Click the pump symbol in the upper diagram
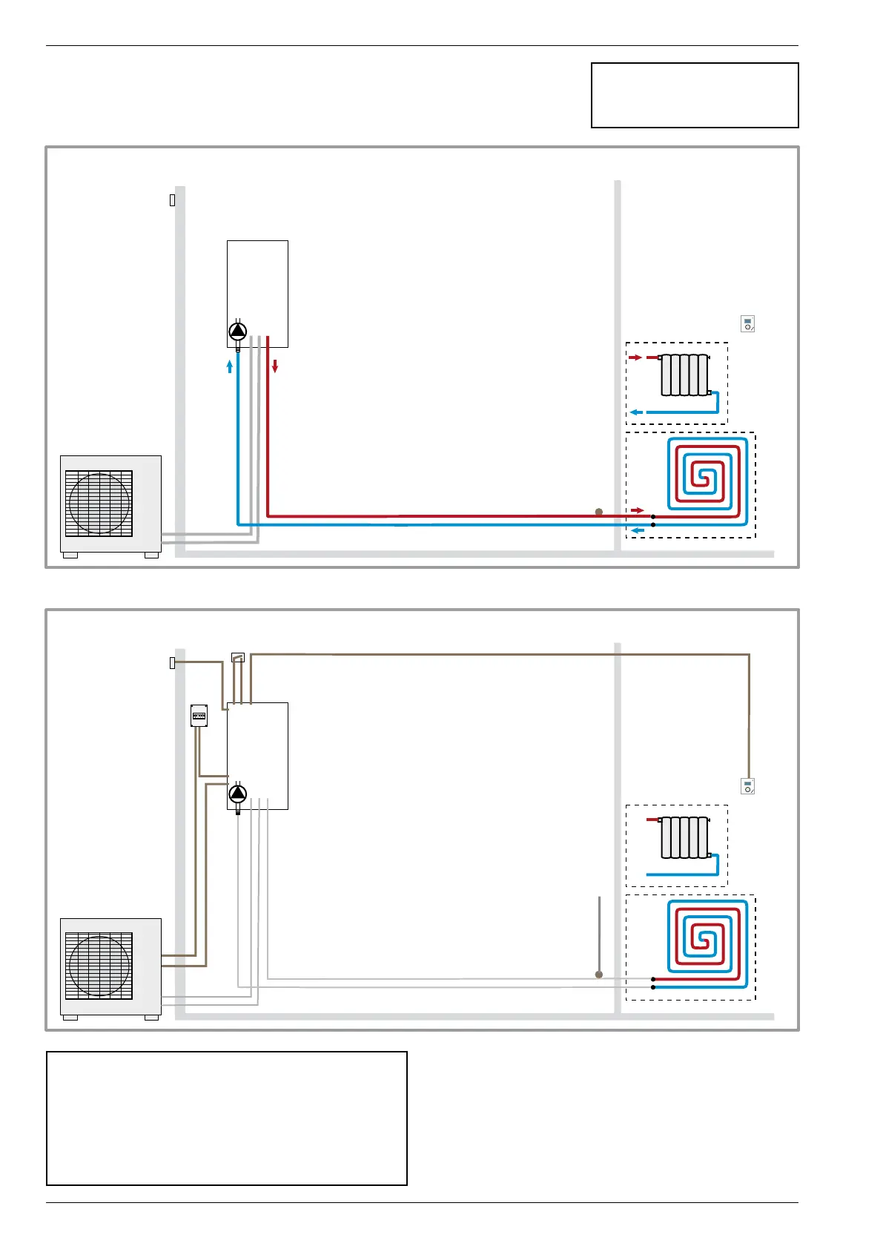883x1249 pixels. pos(237,331)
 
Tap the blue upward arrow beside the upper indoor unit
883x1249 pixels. pos(230,366)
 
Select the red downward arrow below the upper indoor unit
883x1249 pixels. pos(275,366)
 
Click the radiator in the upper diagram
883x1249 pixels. pos(684,375)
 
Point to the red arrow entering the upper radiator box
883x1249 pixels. pos(635,357)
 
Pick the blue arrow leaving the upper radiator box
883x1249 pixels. pos(636,412)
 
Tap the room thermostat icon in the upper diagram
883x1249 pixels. pos(747,324)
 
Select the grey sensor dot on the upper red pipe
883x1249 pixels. pos(599,512)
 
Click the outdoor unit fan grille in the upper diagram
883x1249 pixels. pos(99,503)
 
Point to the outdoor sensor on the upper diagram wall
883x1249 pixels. pos(172,200)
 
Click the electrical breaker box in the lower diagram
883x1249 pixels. pos(199,715)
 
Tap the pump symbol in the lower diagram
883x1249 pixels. pos(237,794)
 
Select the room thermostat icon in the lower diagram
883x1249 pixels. pos(747,786)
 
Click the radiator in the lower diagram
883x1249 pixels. pos(684,837)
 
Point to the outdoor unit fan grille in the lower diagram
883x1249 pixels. pos(99,966)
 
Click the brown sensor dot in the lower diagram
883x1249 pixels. pos(599,975)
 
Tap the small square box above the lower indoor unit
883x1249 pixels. pos(238,658)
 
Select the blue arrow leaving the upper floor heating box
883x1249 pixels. pos(636,530)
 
